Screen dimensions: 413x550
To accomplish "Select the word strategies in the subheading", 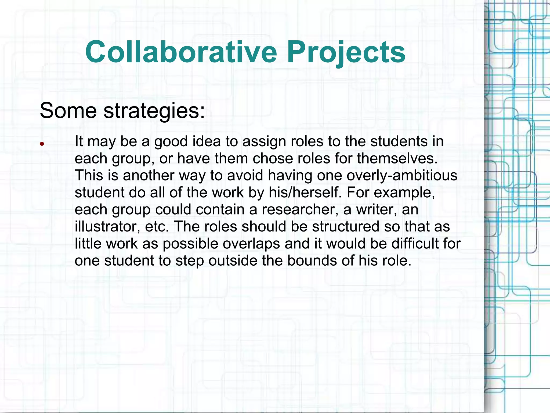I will [154, 111].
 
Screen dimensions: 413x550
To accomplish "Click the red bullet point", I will [42, 144].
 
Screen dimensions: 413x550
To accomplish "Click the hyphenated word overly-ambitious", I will [402, 176].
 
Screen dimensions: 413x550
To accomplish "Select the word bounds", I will [312, 261].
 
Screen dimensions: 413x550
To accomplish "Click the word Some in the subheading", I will [68, 111].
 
